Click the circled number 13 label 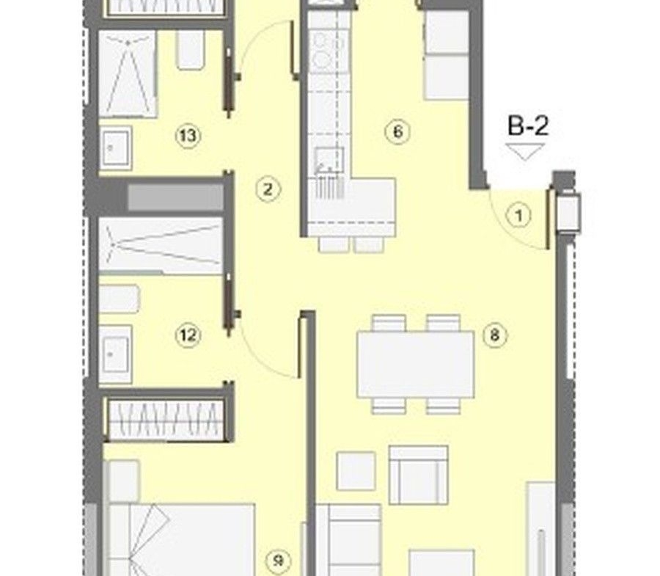click(x=188, y=136)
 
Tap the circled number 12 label click(x=188, y=335)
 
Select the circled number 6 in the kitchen click(x=397, y=131)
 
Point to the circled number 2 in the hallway click(x=268, y=189)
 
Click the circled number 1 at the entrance click(x=519, y=216)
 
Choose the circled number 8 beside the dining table click(x=495, y=335)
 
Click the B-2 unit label click(x=528, y=126)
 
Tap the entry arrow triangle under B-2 click(x=525, y=152)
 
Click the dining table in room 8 click(x=416, y=364)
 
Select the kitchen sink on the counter click(x=330, y=158)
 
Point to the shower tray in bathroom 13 click(x=128, y=73)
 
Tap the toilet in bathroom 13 click(x=191, y=50)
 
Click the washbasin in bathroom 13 click(x=115, y=147)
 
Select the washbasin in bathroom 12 click(x=115, y=354)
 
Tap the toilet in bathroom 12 click(x=119, y=299)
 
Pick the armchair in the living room click(x=418, y=475)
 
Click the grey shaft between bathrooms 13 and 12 click(x=175, y=197)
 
